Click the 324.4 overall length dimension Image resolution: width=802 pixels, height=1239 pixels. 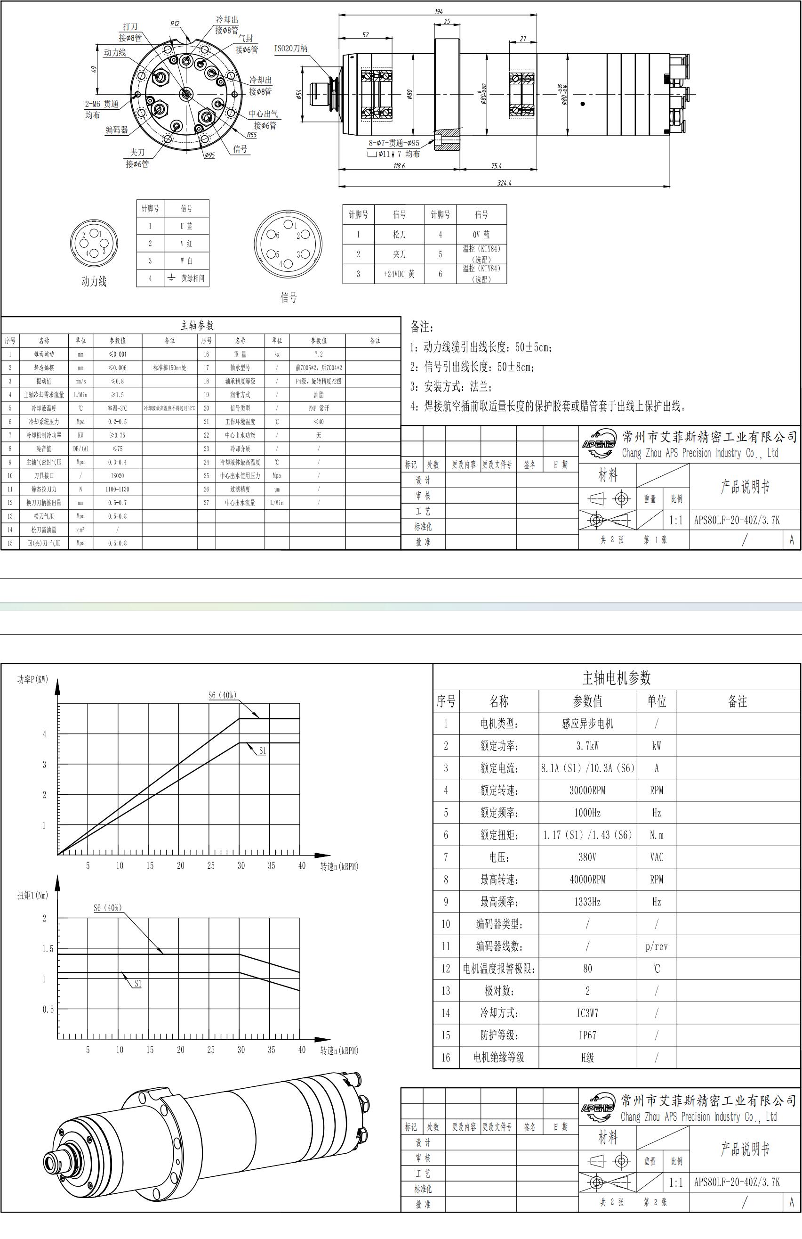(x=504, y=183)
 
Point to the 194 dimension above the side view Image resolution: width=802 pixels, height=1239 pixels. (x=439, y=11)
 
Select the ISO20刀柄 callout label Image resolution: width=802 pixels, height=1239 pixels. (x=291, y=49)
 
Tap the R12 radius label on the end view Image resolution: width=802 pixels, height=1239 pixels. (x=175, y=24)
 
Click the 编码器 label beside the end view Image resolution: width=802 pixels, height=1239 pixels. (x=117, y=130)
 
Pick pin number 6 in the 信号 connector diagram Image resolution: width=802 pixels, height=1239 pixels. (x=277, y=235)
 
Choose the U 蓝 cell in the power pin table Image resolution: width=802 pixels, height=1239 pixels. (x=186, y=226)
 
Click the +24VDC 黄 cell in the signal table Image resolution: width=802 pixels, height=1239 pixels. (x=399, y=274)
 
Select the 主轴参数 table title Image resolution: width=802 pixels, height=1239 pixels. (x=197, y=326)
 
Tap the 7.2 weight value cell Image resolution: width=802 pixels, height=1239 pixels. (x=318, y=354)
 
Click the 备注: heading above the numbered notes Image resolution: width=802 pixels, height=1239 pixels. (x=421, y=327)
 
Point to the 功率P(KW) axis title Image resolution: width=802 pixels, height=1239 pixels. (x=32, y=679)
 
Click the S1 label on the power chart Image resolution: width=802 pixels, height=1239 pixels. (x=263, y=750)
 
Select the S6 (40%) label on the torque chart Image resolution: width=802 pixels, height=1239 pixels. (x=108, y=908)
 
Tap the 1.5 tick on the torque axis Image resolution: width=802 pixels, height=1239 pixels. (x=48, y=949)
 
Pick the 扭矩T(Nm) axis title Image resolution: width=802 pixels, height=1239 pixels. (x=32, y=896)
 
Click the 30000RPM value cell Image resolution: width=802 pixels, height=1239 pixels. (x=587, y=790)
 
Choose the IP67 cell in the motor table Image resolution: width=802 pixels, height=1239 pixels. (x=587, y=1035)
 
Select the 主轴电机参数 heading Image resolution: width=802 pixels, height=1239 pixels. (x=616, y=678)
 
